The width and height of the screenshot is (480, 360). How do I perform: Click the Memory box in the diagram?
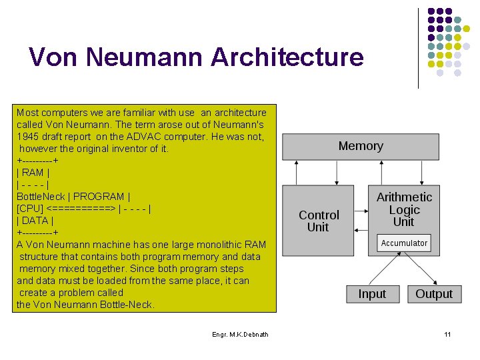click(361, 147)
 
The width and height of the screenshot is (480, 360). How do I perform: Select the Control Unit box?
click(319, 221)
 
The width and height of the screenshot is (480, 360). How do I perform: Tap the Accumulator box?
click(404, 243)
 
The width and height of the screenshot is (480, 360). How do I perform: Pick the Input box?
click(372, 294)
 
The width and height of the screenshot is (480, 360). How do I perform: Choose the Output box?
click(434, 294)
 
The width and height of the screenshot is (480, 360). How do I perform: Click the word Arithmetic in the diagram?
click(404, 197)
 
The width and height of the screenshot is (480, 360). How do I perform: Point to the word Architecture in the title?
click(287, 57)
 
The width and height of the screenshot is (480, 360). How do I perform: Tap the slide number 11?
click(447, 334)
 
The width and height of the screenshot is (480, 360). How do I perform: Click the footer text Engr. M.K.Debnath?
click(240, 334)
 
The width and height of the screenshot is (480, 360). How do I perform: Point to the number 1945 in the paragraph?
click(28, 137)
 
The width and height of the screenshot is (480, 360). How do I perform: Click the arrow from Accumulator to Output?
click(421, 269)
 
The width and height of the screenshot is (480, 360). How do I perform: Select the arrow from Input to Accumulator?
click(385, 270)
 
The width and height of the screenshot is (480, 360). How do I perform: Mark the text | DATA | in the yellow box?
click(35, 221)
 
